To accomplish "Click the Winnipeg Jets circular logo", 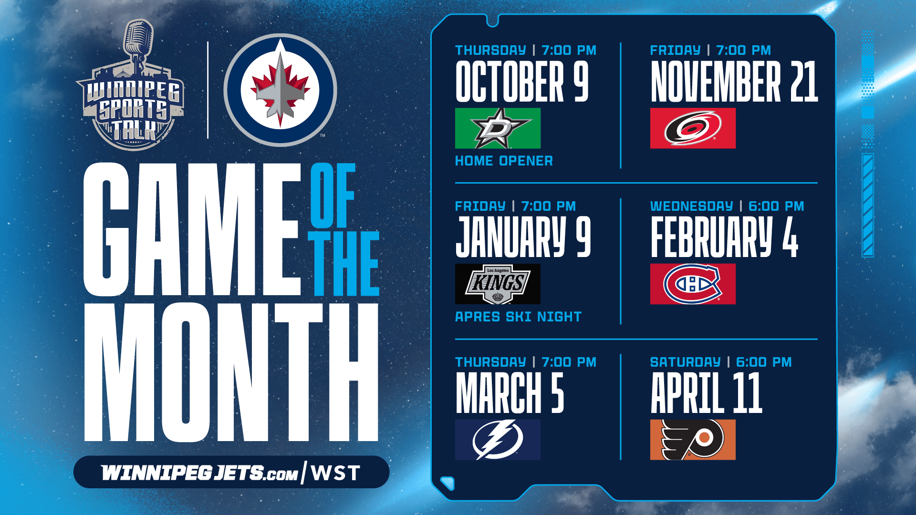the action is [281, 90].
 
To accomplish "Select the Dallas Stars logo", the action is [498, 128].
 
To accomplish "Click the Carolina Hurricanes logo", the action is [693, 128].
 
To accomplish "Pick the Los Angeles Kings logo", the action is [498, 284].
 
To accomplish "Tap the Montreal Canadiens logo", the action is [693, 284].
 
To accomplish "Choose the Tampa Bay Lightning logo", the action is [498, 440].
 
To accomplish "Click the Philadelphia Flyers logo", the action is [693, 440].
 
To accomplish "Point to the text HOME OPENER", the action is [504, 161].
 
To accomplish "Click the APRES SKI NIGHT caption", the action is [518, 317].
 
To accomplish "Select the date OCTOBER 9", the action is [522, 81].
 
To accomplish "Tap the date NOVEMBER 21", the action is [734, 81].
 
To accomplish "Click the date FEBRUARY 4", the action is [724, 237].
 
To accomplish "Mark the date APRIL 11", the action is [707, 393].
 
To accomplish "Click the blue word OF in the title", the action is [333, 196].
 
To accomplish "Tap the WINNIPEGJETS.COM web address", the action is [199, 473].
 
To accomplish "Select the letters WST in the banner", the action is [335, 473].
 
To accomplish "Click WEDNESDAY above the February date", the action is [691, 206].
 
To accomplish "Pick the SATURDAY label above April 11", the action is [685, 362].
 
